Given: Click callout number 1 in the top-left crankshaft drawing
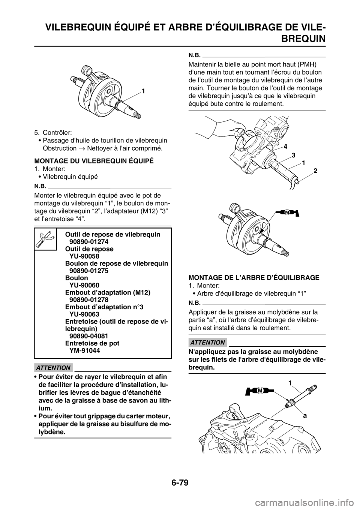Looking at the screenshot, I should [143, 91].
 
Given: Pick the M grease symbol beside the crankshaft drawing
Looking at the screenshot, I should [286, 213].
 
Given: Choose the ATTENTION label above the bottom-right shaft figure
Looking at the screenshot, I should [207, 343].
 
